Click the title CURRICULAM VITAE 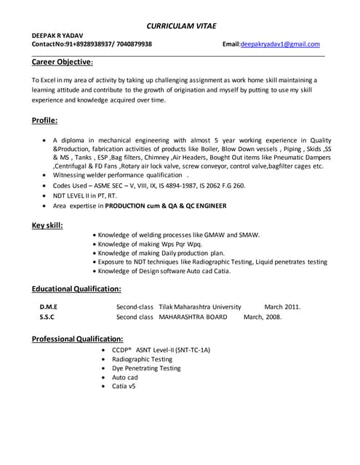pos(180,25)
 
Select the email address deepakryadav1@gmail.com pos(281,44)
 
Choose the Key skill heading pos(47,225)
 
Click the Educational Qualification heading pos(76,288)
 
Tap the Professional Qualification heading pos(77,339)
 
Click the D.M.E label pos(48,307)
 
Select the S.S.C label pos(47,317)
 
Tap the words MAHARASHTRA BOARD pos(193,317)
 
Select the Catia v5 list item pos(124,387)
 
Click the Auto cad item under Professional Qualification pos(125,377)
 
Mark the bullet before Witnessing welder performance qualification pos(45,176)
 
